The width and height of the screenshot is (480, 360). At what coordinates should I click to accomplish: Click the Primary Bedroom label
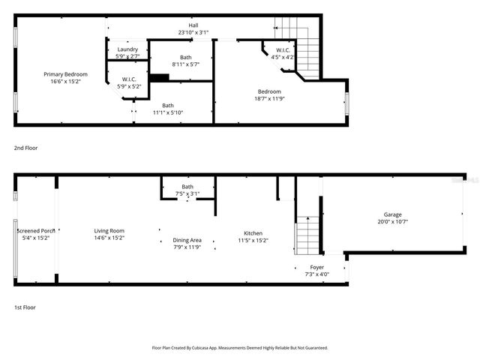(65, 74)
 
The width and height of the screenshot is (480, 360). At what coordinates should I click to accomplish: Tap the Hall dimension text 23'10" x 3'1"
(193, 33)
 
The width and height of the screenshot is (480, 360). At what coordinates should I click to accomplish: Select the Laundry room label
(127, 49)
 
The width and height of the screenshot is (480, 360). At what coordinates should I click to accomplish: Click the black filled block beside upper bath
(159, 76)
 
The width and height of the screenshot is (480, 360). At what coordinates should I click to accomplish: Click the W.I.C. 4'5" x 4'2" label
(282, 50)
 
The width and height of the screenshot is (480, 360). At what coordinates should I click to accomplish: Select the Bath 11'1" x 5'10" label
(168, 106)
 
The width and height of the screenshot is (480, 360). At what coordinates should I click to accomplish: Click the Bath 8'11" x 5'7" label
(186, 58)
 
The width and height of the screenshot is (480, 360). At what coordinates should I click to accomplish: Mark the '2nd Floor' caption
(25, 148)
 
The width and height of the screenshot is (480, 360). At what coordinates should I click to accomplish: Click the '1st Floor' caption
(25, 307)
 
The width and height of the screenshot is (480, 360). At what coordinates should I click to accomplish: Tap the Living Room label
(109, 231)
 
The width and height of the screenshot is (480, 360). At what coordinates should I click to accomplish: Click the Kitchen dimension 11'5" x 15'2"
(253, 241)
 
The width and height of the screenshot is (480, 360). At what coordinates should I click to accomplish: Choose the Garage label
(393, 214)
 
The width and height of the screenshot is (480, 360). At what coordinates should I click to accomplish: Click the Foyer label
(317, 267)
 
